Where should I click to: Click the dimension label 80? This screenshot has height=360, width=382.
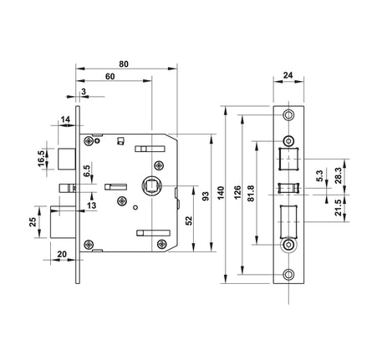tap(124, 64)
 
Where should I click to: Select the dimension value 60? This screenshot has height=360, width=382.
tap(110, 76)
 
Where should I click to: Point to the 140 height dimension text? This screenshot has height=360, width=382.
tap(221, 193)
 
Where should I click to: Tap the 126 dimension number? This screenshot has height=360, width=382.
tap(237, 192)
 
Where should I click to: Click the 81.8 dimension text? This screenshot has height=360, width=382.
tap(251, 193)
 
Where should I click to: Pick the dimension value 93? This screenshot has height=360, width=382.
tap(206, 196)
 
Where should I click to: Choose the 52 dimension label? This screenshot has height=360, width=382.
tap(189, 221)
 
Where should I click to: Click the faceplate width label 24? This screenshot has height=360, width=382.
tap(288, 75)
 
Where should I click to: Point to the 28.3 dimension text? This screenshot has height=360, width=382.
tap(339, 175)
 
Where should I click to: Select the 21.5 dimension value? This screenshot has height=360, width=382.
tap(339, 208)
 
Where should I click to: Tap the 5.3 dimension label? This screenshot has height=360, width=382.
tap(319, 175)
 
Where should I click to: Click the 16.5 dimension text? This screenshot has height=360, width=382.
tap(41, 159)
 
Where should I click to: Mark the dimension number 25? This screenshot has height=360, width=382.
tap(33, 222)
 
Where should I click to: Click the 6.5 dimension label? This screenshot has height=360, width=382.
tap(87, 170)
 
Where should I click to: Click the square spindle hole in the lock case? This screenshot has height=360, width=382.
tap(150, 185)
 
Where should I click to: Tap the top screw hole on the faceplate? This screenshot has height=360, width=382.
tap(288, 114)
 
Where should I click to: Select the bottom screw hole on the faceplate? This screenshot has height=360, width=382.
tap(288, 275)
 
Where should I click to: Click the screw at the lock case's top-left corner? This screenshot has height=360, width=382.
tap(89, 141)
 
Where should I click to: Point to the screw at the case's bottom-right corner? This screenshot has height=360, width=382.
tap(162, 245)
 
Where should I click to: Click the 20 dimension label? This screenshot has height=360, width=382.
tap(62, 254)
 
